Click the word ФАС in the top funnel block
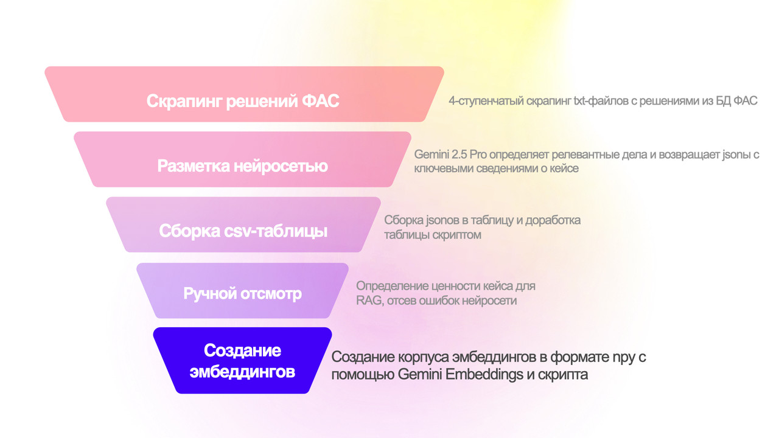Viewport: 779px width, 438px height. coord(320,101)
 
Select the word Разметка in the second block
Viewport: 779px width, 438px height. coord(194,166)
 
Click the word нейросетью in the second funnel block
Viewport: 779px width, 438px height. coord(281,166)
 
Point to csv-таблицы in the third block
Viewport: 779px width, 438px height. coord(276,231)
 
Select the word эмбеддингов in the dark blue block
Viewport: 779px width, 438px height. coord(242,372)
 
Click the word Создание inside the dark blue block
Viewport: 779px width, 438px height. coord(242,350)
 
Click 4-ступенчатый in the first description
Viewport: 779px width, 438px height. coord(486,101)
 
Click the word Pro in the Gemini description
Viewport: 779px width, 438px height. coord(478,155)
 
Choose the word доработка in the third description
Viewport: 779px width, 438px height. coord(553,220)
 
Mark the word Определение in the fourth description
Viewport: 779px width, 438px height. coord(392,286)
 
